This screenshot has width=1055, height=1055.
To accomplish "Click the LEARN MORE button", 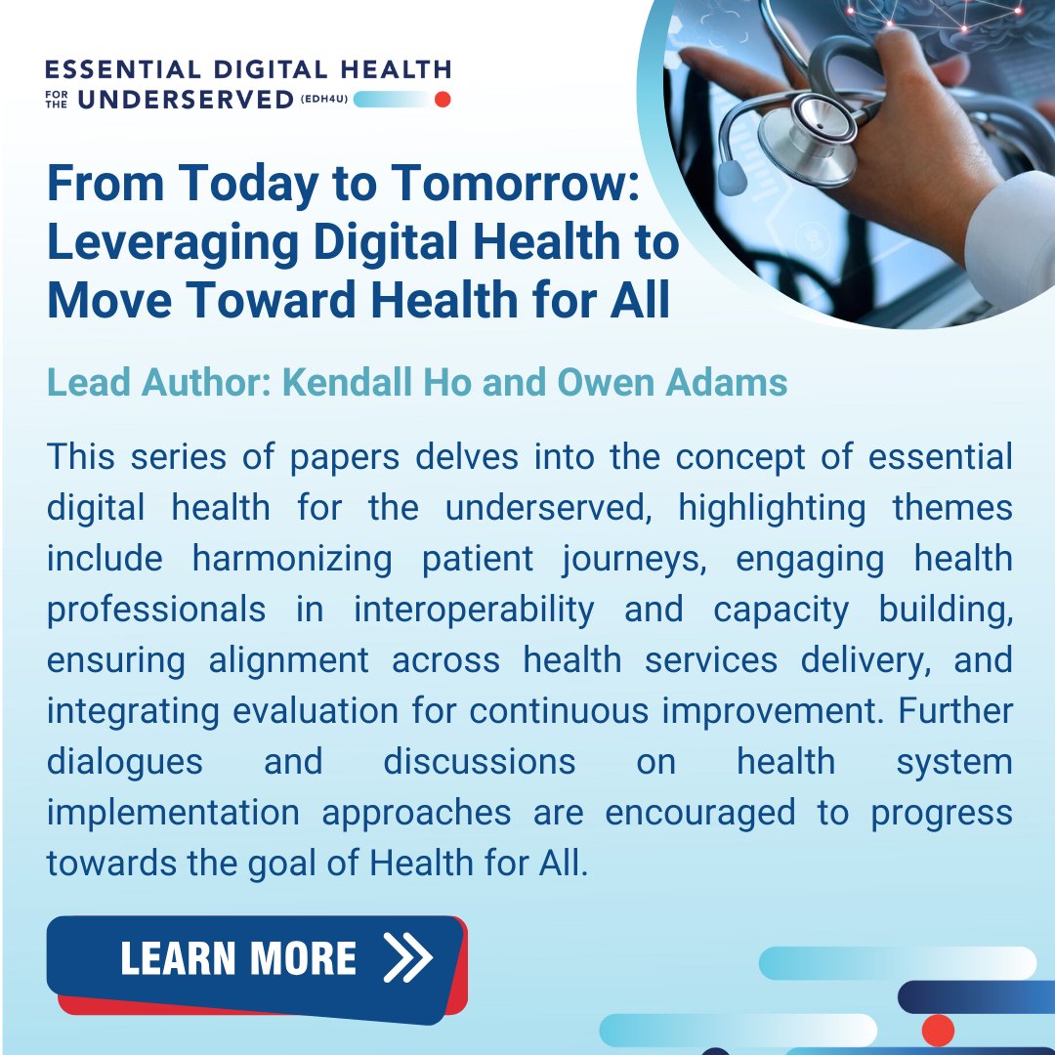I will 256,961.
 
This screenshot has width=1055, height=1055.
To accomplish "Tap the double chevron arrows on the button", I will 407,958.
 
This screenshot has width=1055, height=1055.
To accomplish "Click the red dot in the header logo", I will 442,99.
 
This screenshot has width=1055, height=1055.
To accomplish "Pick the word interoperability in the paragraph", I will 474,610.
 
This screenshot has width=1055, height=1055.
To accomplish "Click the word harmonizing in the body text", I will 292,559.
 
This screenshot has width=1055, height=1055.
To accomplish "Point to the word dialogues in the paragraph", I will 125,762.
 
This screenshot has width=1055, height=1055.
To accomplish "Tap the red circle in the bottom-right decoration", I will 938,1030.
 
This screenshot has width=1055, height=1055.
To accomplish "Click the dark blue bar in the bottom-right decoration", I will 977,996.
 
